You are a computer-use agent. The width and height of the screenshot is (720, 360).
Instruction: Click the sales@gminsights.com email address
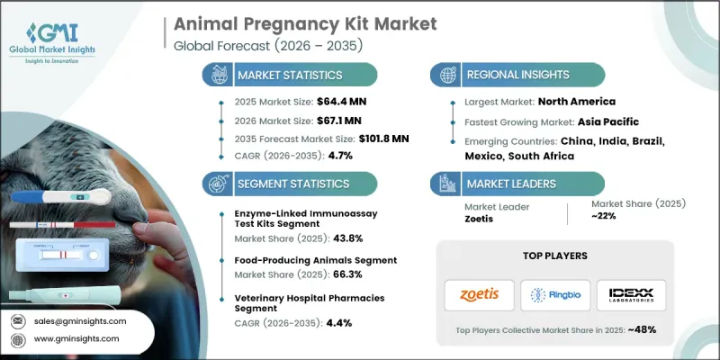coord(81,320)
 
